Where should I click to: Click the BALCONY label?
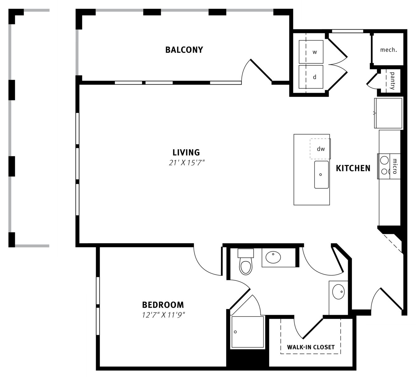point(184,50)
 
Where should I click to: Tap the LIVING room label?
point(186,153)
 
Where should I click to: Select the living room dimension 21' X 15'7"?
point(187,163)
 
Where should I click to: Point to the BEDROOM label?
point(163,305)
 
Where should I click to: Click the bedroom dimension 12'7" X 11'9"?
point(163,315)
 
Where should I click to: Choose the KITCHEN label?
point(353,168)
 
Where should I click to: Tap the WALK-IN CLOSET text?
point(311,347)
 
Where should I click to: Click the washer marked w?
point(311,52)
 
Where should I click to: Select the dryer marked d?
point(311,77)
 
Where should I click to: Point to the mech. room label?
point(388,50)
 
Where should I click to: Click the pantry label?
point(392,81)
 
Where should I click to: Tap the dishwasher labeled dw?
point(321,149)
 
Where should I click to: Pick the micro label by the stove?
point(395,166)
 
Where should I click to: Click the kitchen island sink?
point(321,174)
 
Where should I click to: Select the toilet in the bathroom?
point(246,262)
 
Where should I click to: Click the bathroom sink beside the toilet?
point(273,257)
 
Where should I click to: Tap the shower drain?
point(235,332)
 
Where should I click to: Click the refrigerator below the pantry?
point(388,113)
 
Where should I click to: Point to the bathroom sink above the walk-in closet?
point(338,292)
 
